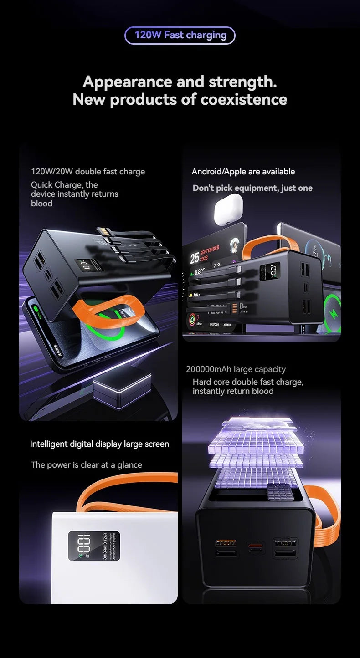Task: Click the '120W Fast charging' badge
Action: (x=180, y=35)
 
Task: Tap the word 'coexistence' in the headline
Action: (x=244, y=99)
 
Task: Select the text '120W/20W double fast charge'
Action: (x=88, y=172)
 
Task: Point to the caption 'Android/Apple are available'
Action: (x=243, y=172)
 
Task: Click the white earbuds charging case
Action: (x=228, y=209)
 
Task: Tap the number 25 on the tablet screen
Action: (x=195, y=258)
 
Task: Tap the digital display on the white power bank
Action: (x=94, y=546)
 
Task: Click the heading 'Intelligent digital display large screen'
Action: (x=99, y=444)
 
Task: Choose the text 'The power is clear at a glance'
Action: (x=87, y=465)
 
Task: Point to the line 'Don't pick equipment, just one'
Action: (x=252, y=188)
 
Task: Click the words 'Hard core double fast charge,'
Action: (x=248, y=382)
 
